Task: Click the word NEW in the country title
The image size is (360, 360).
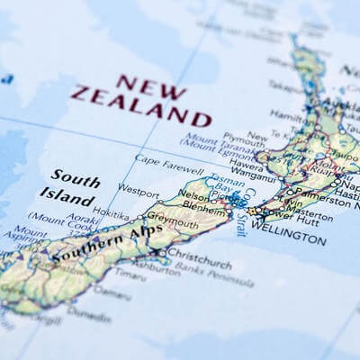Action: click(x=139, y=85)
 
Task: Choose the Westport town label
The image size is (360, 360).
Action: click(x=138, y=191)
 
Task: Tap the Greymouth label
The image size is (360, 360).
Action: click(x=173, y=219)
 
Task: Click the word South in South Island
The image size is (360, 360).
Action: click(x=75, y=179)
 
